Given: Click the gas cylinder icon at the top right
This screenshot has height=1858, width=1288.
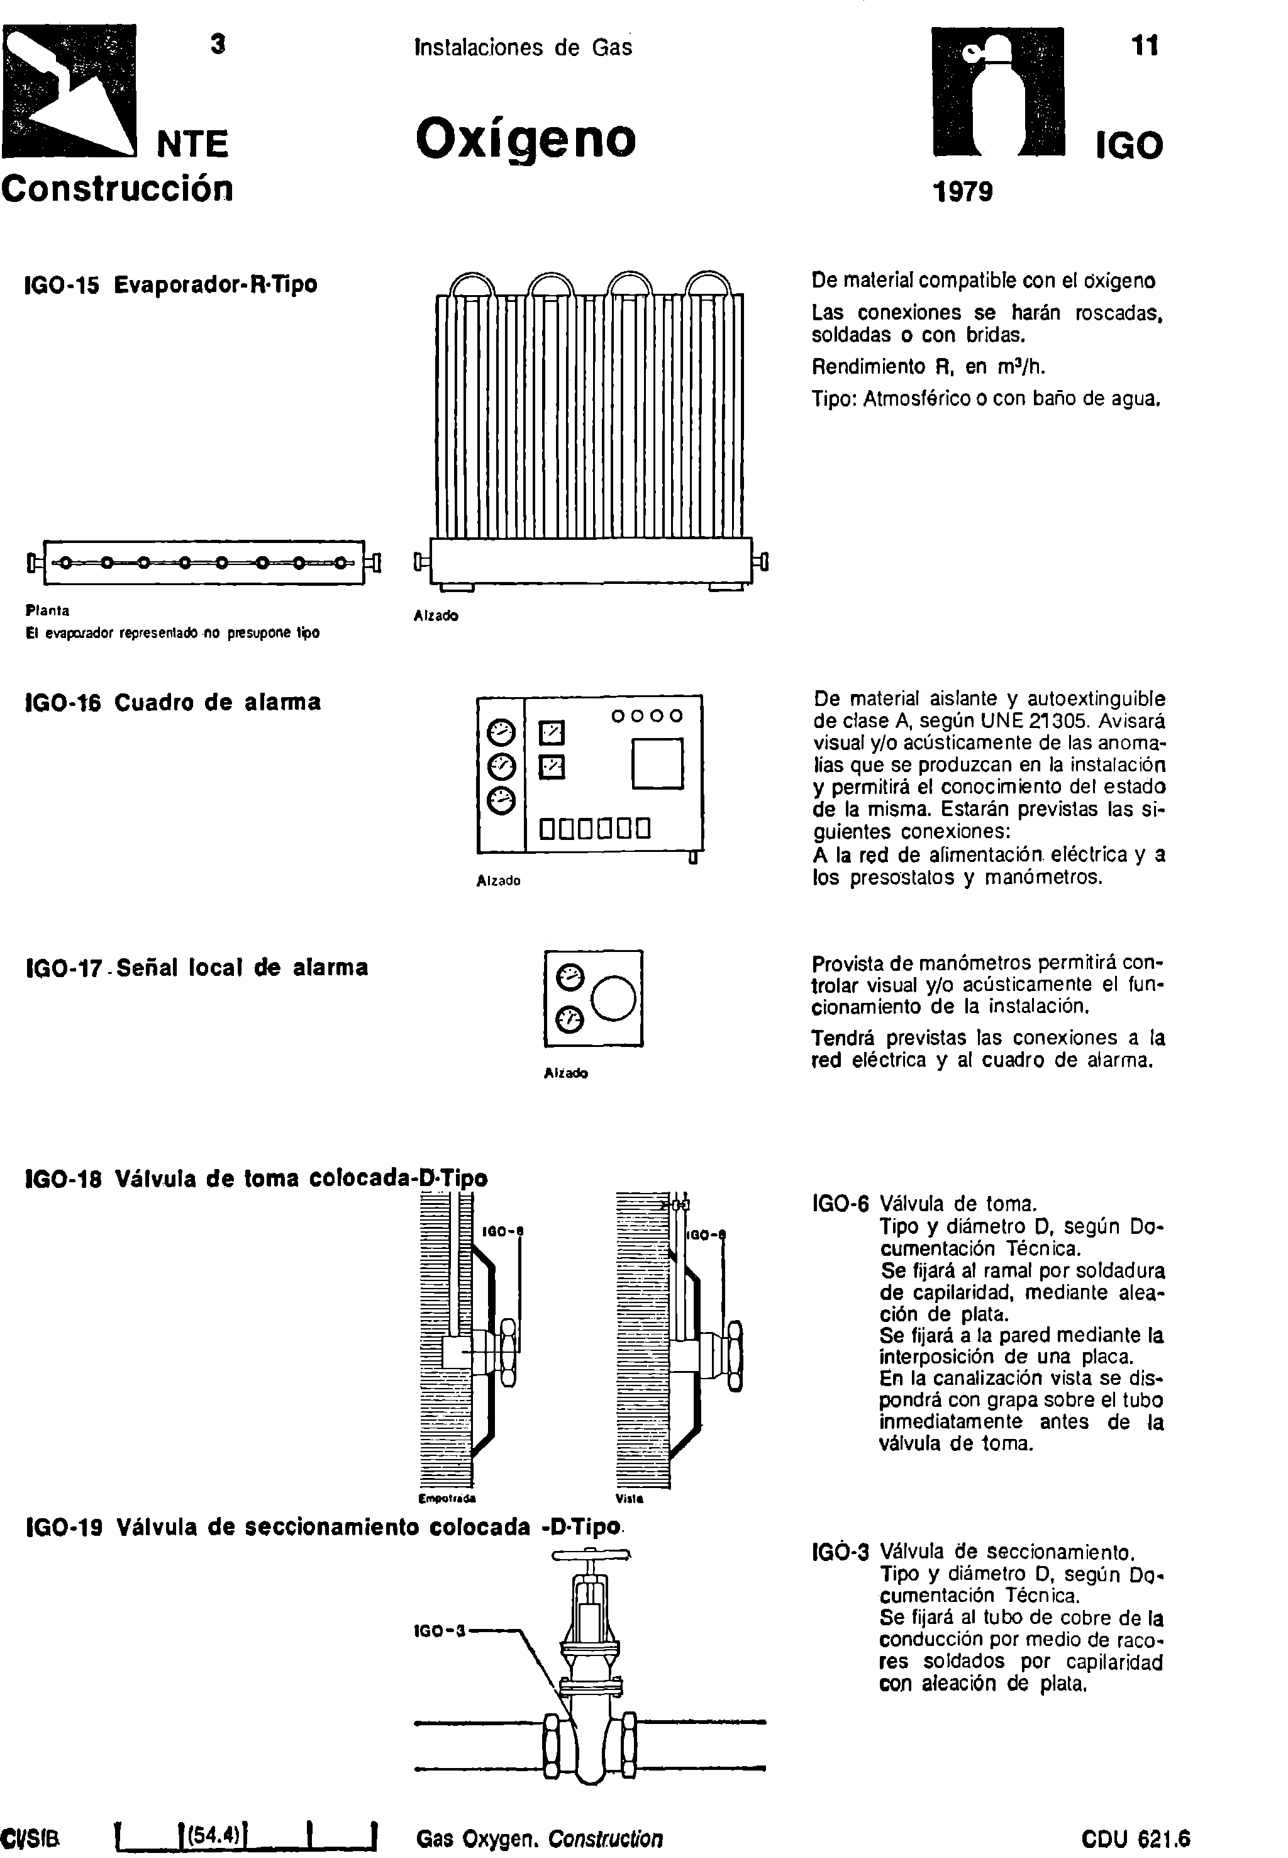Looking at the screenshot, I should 997,91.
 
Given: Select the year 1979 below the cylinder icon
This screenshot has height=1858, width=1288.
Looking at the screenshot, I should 962,192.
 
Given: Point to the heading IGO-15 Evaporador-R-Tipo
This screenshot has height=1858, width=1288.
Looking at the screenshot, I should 172,285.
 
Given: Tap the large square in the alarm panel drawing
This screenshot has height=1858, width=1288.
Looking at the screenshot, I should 658,763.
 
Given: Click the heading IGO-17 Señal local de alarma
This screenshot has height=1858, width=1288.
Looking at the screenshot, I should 197,967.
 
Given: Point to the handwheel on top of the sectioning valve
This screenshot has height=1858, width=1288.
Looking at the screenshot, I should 591,1553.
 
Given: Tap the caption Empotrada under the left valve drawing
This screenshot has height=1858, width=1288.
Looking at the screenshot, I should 447,1499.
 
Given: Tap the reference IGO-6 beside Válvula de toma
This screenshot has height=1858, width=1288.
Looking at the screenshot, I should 840,1205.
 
